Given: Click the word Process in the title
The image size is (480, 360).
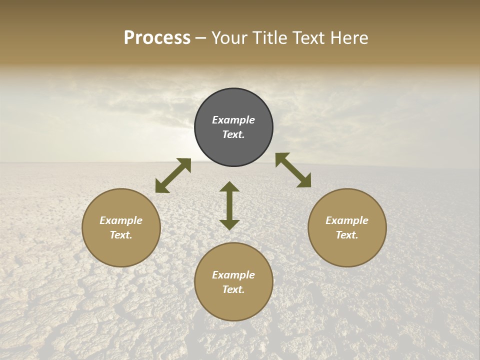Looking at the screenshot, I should tap(157, 38).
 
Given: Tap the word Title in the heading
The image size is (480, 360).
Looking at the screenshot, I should tap(270, 38).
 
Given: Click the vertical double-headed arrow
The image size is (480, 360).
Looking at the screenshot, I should tap(229, 205).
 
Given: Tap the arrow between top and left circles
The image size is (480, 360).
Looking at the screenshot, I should tap(173, 175).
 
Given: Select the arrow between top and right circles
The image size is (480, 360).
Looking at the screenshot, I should tap(293, 170).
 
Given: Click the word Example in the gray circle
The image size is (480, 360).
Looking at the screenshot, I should tap(233, 120).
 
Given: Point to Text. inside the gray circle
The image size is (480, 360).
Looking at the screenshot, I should tap(233, 134).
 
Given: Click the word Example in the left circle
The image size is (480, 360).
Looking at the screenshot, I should tap(121, 220).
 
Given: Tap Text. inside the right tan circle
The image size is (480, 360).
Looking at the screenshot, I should tap(347, 235).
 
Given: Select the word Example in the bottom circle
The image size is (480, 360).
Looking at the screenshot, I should tap(233, 275).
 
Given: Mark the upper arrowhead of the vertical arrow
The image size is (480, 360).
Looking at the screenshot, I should tap(229, 187).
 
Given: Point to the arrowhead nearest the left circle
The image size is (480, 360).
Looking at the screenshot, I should tap(161, 187).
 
